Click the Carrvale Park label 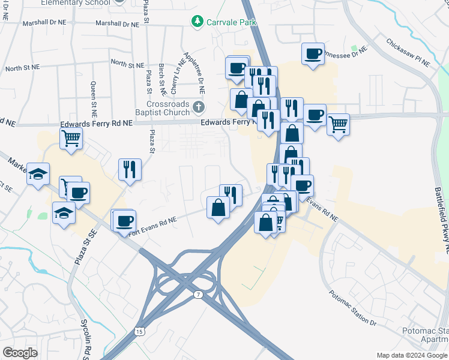pos(232,22)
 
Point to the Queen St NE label pos(94,99)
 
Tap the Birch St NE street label pos(161,76)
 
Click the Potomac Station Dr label pos(352,309)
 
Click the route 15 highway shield pos(140,331)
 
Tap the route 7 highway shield pos(198,295)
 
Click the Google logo pos(20,353)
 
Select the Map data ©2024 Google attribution pos(412,355)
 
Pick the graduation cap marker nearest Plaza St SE pos(64,214)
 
